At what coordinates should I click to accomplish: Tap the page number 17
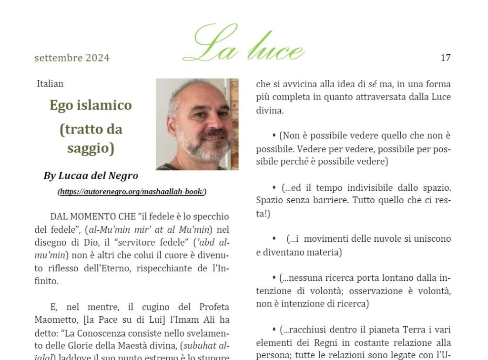446,58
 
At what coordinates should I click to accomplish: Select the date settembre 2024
72,58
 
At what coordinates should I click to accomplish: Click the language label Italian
50,84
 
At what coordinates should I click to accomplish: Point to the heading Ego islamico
91,105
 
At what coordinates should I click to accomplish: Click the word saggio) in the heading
91,148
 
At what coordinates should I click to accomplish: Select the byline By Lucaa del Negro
91,176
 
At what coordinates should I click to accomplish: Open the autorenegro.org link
132,192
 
